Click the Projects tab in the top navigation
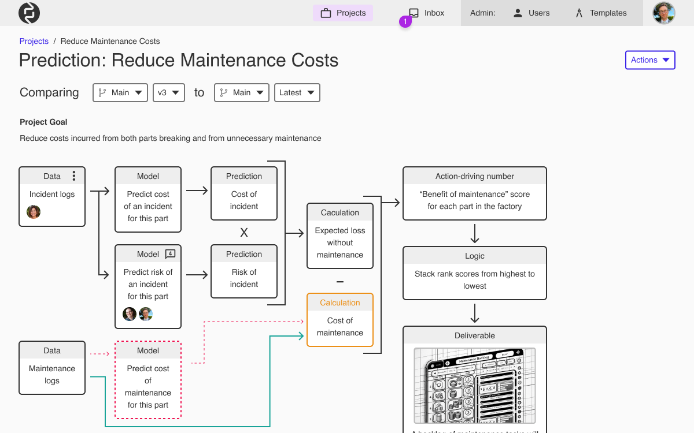343,13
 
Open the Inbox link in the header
427,13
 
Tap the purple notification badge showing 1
405,22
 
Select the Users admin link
531,13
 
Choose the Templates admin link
601,13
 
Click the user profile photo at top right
664,13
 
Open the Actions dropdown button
650,60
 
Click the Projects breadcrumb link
34,41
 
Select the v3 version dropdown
168,92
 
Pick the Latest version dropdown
297,92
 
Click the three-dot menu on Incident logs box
74,176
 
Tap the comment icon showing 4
170,253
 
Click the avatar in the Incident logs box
34,212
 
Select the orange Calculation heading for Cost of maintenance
340,303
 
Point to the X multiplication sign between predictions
244,233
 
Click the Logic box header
475,256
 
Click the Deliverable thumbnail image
475,385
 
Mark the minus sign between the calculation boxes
340,282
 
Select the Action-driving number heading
475,176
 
